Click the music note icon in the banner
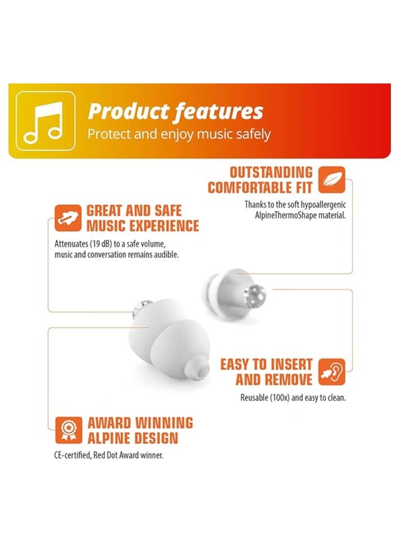click(x=45, y=121)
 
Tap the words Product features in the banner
click(x=175, y=112)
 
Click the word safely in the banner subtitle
click(x=250, y=135)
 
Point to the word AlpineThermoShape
click(x=279, y=215)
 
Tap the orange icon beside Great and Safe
click(x=68, y=218)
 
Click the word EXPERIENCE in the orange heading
click(x=165, y=226)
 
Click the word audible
click(x=164, y=255)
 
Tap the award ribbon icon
click(x=68, y=430)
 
